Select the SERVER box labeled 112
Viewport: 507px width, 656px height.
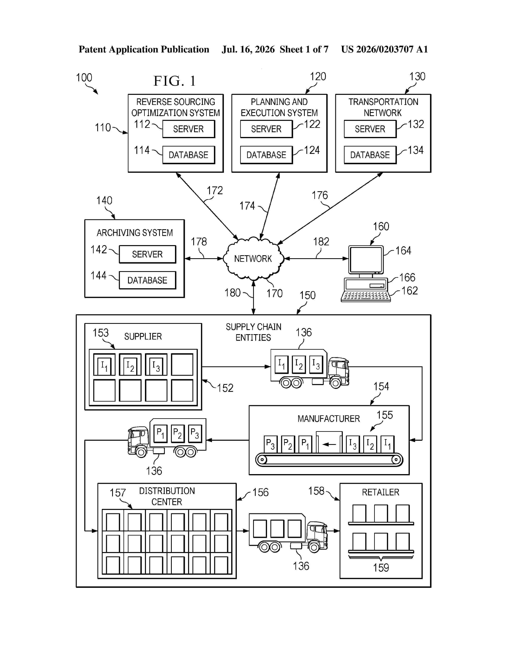coord(189,129)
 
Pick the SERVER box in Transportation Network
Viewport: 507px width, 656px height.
coord(370,129)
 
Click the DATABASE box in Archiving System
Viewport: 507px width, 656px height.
coord(148,280)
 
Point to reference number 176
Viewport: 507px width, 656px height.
coord(320,195)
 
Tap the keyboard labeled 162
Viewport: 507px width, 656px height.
coord(365,296)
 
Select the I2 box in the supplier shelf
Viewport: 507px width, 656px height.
coord(130,364)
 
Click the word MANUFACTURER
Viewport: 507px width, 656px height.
coord(329,419)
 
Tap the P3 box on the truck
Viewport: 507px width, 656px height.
coord(195,433)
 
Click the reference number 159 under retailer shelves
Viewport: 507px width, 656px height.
coord(381,568)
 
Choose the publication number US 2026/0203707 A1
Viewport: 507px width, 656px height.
coord(385,49)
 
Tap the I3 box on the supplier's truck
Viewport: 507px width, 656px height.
coord(316,364)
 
